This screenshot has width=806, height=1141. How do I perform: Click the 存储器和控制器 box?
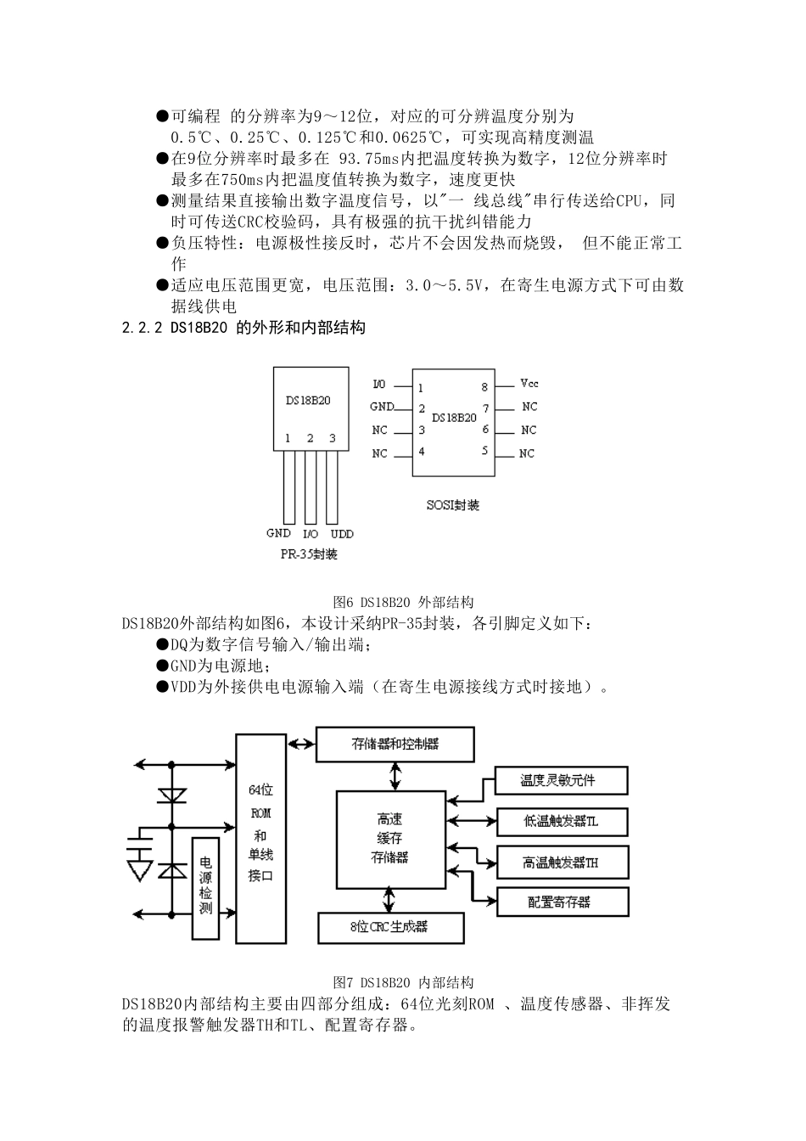(x=395, y=745)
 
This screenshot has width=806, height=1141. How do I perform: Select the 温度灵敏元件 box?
(x=562, y=781)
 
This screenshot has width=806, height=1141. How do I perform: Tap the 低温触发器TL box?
(x=562, y=822)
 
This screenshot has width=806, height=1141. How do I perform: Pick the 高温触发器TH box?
(x=562, y=863)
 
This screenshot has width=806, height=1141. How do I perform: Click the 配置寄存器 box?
(x=562, y=902)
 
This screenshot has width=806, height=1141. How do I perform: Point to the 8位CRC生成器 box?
(x=390, y=928)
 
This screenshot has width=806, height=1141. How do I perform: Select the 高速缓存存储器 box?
(x=389, y=838)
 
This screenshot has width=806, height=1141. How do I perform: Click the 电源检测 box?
(x=204, y=888)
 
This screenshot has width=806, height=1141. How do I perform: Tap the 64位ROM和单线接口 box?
(x=260, y=838)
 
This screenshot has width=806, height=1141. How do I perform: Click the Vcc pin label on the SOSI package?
(x=529, y=385)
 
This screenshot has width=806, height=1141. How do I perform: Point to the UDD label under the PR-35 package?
(x=341, y=534)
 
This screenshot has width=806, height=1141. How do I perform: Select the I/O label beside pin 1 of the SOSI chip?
(x=379, y=385)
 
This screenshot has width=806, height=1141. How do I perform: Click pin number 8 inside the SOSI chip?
(x=485, y=387)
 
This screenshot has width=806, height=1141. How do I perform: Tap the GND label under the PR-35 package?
(x=278, y=534)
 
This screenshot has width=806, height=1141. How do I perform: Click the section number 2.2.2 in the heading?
(x=143, y=327)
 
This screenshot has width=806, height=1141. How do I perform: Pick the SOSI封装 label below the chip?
(x=453, y=505)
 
